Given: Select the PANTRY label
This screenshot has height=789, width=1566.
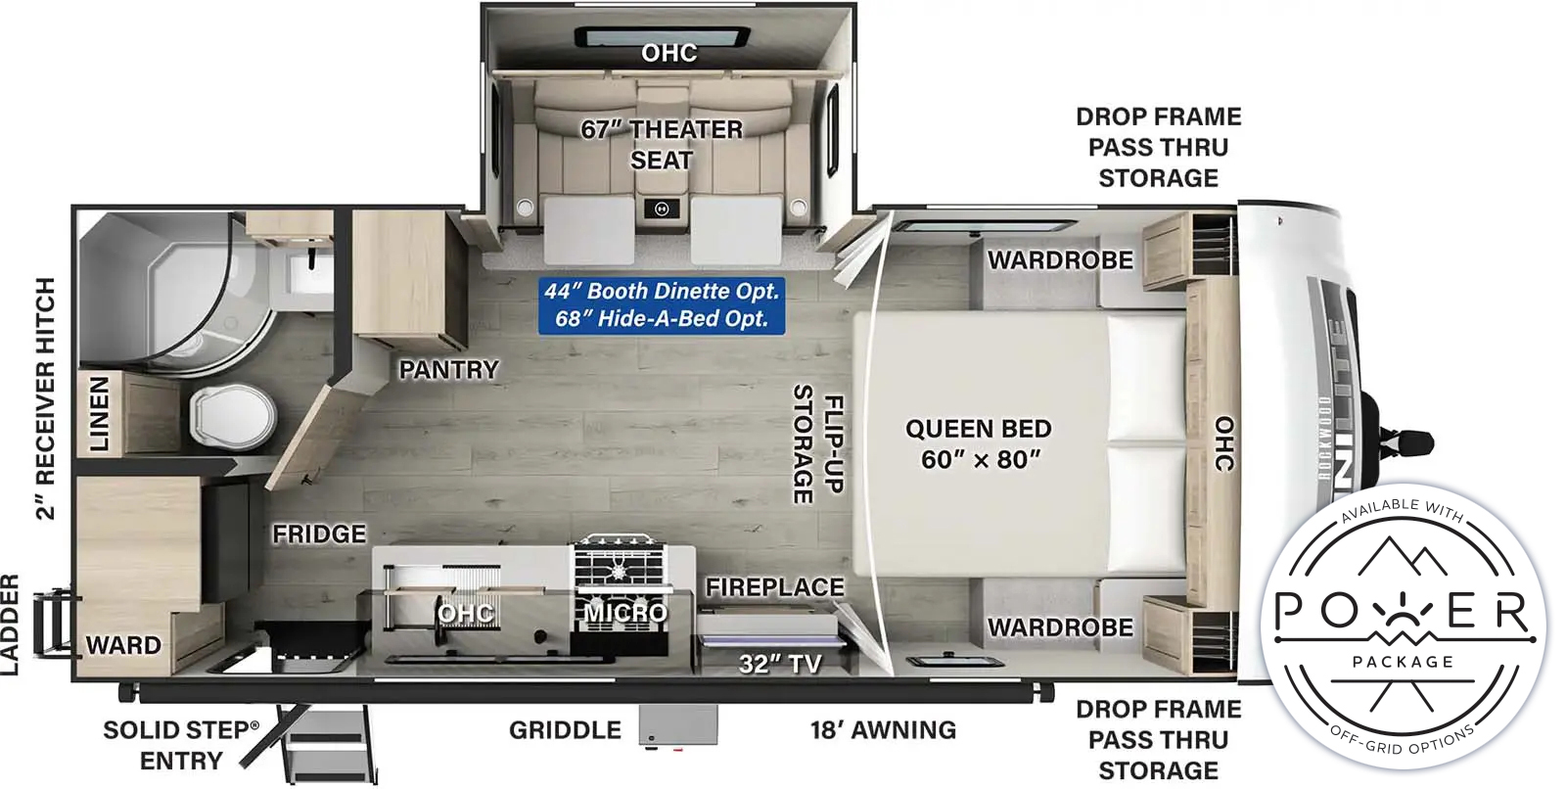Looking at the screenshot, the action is pyautogui.click(x=449, y=369).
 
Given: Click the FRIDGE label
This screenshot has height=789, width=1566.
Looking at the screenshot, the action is pyautogui.click(x=319, y=534).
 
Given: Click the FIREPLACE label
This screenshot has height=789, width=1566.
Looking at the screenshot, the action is pyautogui.click(x=774, y=587).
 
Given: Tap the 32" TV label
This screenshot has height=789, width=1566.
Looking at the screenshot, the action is pyautogui.click(x=780, y=663).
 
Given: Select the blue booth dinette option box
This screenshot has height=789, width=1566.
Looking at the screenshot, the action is pyautogui.click(x=662, y=305).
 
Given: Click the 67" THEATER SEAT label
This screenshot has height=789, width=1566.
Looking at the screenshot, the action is pyautogui.click(x=662, y=145).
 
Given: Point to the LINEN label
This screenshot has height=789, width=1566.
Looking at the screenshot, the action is pyautogui.click(x=99, y=414).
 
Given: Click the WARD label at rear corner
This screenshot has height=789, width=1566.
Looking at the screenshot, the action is pyautogui.click(x=123, y=645).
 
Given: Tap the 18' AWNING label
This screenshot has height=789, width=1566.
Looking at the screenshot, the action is pyautogui.click(x=883, y=730).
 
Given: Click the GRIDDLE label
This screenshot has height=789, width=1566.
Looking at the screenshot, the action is pyautogui.click(x=565, y=730).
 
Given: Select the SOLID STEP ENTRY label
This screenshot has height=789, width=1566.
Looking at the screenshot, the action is pyautogui.click(x=180, y=745).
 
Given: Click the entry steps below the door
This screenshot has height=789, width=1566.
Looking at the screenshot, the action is pyautogui.click(x=326, y=744).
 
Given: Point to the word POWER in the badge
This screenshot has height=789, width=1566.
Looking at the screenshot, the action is pyautogui.click(x=1404, y=611).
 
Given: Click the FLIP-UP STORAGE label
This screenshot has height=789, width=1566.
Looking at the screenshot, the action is pyautogui.click(x=818, y=444).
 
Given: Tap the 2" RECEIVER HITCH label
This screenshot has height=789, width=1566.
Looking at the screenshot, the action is pyautogui.click(x=45, y=398).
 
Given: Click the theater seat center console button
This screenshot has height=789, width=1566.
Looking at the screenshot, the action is pyautogui.click(x=662, y=209).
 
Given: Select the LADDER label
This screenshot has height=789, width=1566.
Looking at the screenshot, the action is pyautogui.click(x=9, y=626).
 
